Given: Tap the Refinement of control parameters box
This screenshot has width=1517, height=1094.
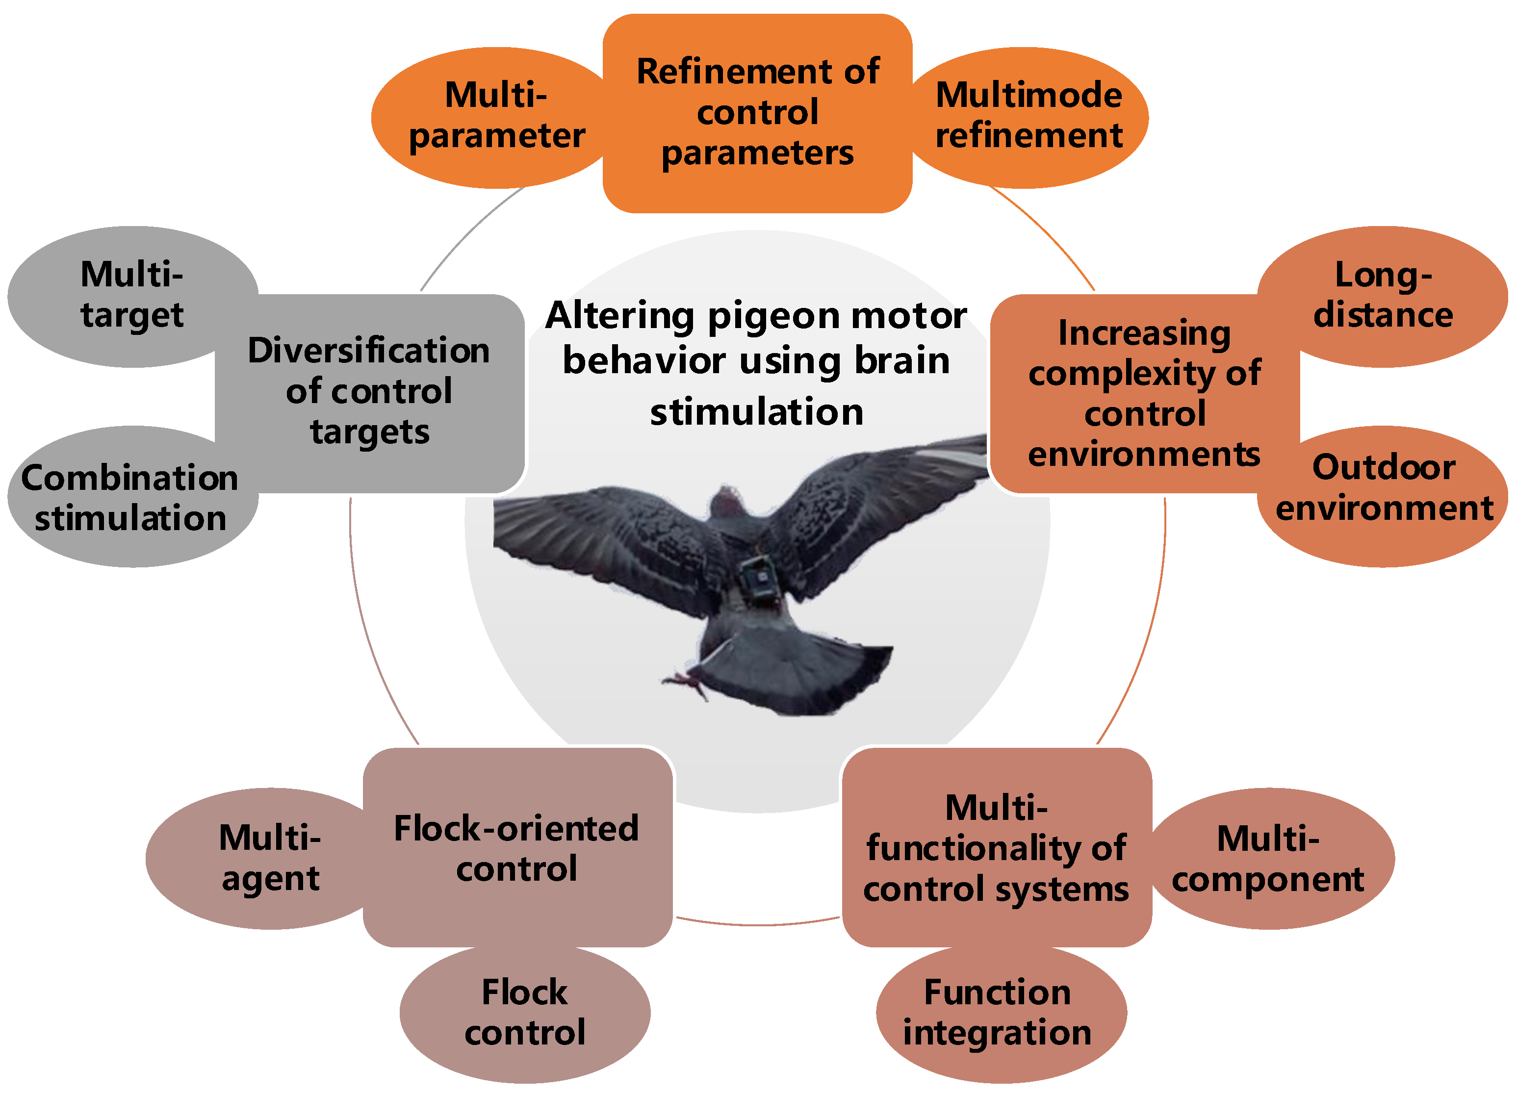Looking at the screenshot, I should pyautogui.click(x=757, y=112).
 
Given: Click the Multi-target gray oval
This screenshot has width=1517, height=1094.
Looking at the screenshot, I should pyautogui.click(x=132, y=296).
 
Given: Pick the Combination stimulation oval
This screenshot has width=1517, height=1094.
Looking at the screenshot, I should pyautogui.click(x=130, y=498).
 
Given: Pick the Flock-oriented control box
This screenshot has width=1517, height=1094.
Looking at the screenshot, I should pyautogui.click(x=516, y=848).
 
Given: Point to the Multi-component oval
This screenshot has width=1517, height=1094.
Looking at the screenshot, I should pyautogui.click(x=1269, y=858).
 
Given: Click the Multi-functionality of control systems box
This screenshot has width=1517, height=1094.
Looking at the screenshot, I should pyautogui.click(x=997, y=848).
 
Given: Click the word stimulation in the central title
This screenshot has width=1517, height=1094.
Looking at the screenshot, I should pyautogui.click(x=756, y=412).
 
